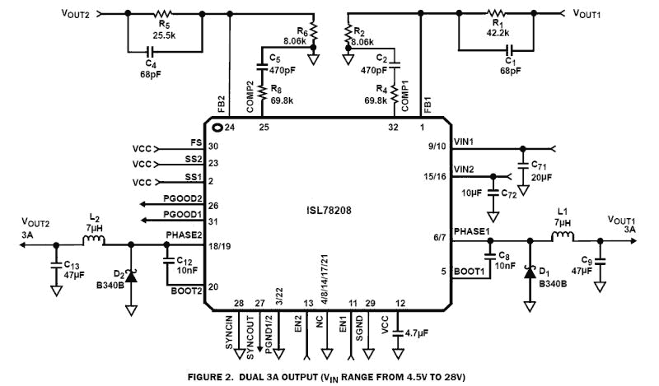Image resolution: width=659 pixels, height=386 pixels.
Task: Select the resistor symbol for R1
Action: coord(497,13)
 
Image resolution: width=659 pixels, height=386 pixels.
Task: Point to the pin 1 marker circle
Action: coord(217,128)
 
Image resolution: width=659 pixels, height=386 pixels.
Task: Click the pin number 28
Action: coord(238,304)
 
